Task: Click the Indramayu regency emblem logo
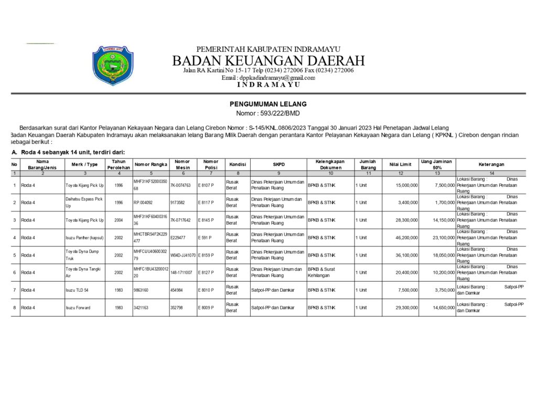[113, 66]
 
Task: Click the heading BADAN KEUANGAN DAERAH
[268, 60]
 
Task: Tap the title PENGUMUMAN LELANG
[268, 104]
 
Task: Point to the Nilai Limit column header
[400, 164]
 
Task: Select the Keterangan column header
[491, 164]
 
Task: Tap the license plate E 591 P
[206, 238]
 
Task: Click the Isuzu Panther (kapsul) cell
[84, 238]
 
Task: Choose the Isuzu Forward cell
[78, 307]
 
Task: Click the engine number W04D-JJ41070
[182, 255]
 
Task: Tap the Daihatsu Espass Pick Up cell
[84, 203]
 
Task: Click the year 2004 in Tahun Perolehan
[119, 220]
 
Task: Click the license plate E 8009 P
[207, 307]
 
